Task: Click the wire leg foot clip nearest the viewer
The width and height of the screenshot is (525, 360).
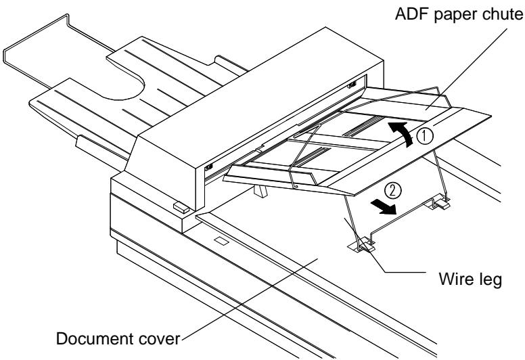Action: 364,245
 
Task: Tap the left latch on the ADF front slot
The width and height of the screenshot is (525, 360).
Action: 208,165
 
